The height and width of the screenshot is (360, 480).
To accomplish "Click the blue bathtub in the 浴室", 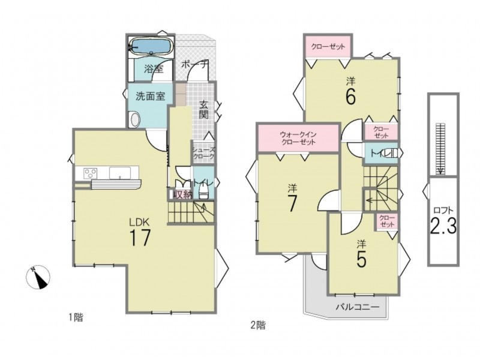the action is click(x=151, y=47).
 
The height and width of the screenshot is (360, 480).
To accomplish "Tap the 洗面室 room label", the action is click(x=151, y=96).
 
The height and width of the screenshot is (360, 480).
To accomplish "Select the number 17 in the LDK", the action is click(x=140, y=238).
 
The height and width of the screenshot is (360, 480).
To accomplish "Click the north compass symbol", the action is click(x=38, y=277).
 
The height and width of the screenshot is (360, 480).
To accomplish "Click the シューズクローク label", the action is click(x=203, y=153).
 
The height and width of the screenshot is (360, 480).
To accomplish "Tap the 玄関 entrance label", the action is click(x=203, y=110).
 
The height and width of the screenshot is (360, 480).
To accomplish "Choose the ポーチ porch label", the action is click(x=194, y=65).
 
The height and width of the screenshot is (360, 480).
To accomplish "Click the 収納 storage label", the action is click(x=183, y=194).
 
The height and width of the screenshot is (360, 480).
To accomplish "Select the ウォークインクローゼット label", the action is click(x=298, y=138).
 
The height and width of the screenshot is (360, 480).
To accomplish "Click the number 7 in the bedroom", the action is click(x=292, y=203).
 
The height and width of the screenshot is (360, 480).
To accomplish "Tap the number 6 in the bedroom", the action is click(x=350, y=97).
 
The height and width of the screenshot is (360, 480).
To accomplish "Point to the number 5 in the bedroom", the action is click(x=362, y=260).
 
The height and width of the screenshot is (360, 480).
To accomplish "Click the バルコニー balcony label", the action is click(x=358, y=307).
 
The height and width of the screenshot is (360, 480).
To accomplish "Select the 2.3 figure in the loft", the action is click(x=443, y=226).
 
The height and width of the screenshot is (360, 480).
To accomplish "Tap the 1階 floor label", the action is click(x=76, y=317).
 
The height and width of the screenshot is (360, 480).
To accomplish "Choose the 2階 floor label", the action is click(x=258, y=325).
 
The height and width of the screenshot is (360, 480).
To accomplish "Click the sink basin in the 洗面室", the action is click(x=134, y=119).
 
